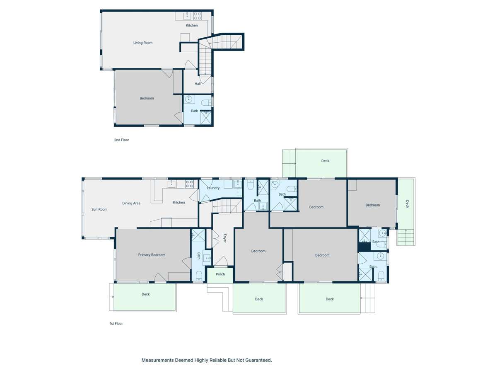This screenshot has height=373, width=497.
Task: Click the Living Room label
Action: tap(142, 43)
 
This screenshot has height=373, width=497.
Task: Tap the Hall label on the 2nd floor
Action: tap(198, 84)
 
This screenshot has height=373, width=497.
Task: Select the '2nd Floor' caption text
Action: tap(121, 140)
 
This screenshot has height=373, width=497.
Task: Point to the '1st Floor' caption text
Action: tap(116, 324)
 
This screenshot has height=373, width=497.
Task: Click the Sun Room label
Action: tap(99, 209)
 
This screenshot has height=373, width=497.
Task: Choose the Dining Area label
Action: tap(131, 203)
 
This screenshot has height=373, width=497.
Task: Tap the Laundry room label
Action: tap(213, 188)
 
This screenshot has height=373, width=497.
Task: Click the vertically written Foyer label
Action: tap(225, 238)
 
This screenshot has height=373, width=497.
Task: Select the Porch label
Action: tap(220, 274)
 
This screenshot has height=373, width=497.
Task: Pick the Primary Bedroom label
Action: tap(152, 255)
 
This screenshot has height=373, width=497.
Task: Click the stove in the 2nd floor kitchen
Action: tap(198, 16)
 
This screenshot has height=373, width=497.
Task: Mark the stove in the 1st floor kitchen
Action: tap(189, 184)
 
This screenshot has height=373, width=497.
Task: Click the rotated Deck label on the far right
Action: tap(407, 204)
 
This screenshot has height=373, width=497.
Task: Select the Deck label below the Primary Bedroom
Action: tap(145, 294)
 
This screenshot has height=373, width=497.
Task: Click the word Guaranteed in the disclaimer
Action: tap(256, 361)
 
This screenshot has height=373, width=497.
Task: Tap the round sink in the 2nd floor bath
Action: tap(189, 99)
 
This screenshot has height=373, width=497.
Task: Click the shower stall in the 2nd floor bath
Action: tap(206, 118)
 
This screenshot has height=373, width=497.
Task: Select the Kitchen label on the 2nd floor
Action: tap(191, 26)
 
